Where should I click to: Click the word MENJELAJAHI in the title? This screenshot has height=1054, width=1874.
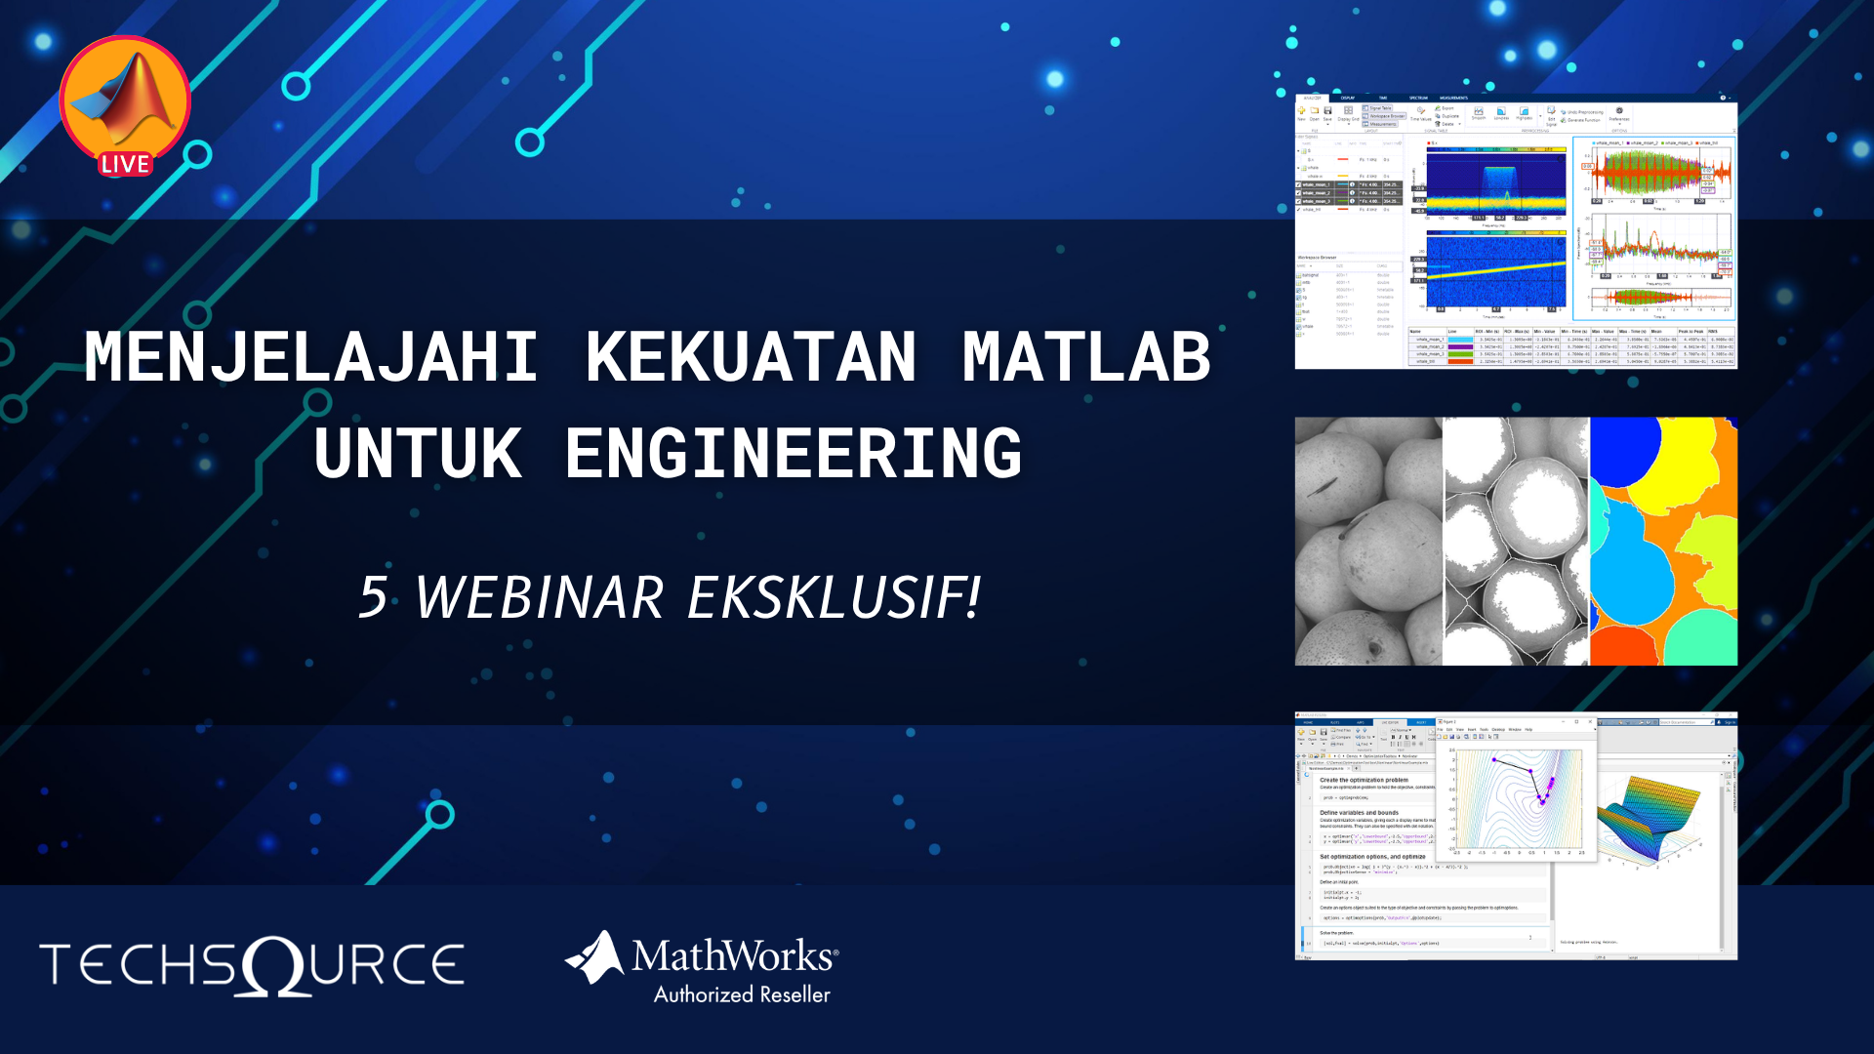click(x=311, y=357)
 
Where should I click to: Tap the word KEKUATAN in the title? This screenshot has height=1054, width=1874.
click(x=751, y=357)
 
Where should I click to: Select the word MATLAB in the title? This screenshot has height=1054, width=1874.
click(x=1086, y=357)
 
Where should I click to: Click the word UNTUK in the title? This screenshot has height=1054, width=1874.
click(x=418, y=454)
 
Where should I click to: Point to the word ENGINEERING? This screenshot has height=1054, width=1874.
click(x=794, y=454)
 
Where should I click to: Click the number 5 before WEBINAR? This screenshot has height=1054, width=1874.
click(x=373, y=597)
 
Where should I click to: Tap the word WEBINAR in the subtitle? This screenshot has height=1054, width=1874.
click(x=540, y=597)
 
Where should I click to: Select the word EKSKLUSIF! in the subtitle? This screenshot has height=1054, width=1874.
click(x=835, y=597)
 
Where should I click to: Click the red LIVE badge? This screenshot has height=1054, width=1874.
click(x=125, y=164)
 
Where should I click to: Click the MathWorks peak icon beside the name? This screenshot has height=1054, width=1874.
click(x=595, y=957)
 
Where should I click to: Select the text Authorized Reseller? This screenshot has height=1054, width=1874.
click(x=742, y=995)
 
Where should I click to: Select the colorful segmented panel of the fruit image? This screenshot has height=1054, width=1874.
click(x=1663, y=542)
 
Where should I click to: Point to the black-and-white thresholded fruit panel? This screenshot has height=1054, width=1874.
click(x=1516, y=542)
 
